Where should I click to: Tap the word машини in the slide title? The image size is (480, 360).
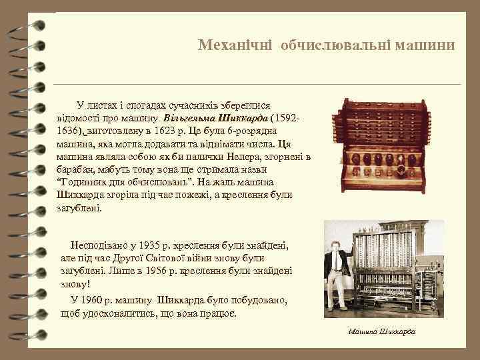pos(425,45)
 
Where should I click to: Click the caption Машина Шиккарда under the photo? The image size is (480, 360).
pos(381,331)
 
